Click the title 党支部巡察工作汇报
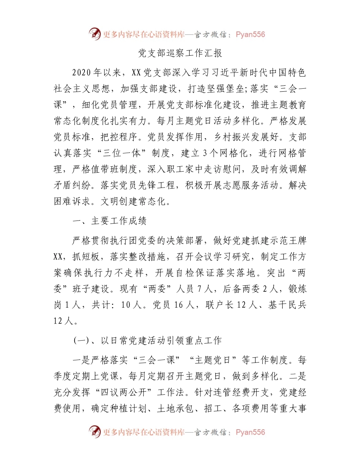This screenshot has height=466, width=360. (x=180, y=53)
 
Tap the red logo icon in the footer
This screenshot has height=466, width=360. (x=94, y=432)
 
